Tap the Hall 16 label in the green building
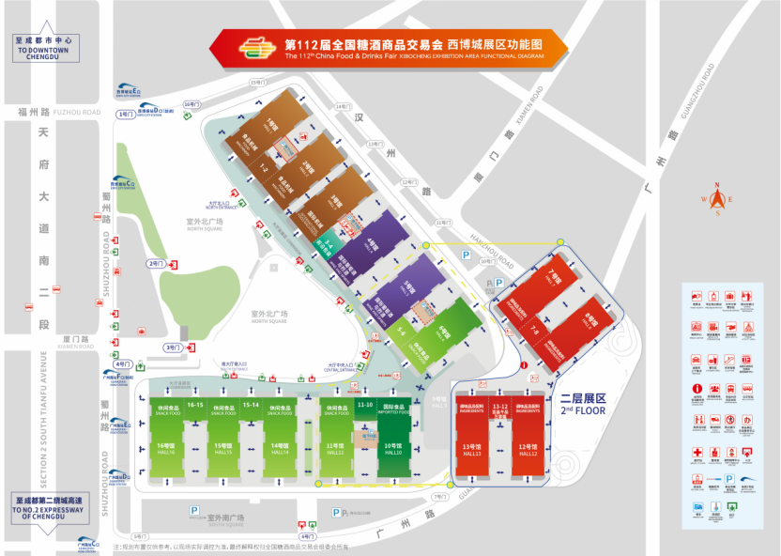tap(165, 449)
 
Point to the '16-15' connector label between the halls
tap(195, 405)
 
